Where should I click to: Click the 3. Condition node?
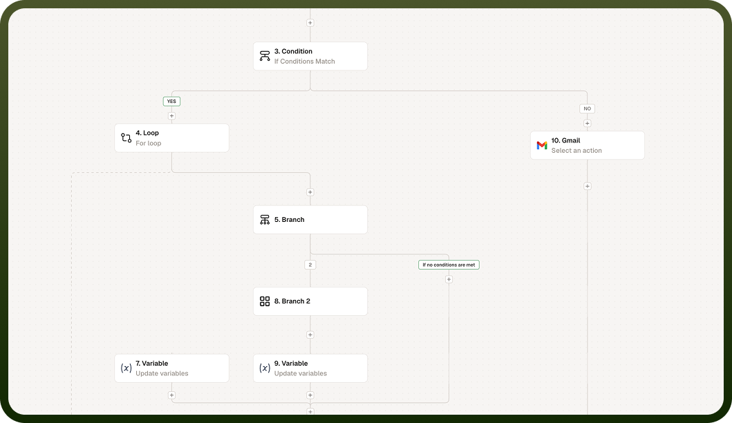click(310, 56)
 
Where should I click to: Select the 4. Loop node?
click(172, 138)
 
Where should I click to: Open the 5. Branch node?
click(310, 219)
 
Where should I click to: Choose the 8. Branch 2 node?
click(310, 301)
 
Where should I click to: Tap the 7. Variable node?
click(172, 368)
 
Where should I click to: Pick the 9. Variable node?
click(310, 368)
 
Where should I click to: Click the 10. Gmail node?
click(588, 145)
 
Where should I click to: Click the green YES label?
click(171, 102)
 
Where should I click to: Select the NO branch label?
click(588, 109)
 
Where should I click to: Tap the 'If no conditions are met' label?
click(449, 265)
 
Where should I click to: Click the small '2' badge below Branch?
click(310, 265)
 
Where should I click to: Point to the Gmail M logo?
click(541, 146)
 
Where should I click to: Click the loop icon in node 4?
click(126, 138)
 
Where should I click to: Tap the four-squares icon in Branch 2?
click(265, 301)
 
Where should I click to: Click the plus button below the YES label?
click(172, 116)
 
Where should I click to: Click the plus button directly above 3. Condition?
click(310, 22)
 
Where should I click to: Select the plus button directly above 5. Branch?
click(310, 192)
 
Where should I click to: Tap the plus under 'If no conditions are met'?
click(449, 279)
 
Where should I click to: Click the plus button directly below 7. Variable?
click(172, 395)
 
